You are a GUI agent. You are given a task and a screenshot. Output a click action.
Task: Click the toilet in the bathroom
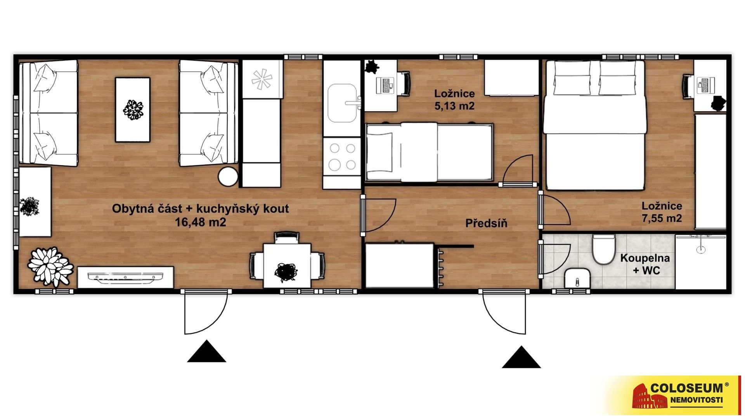click(603, 249)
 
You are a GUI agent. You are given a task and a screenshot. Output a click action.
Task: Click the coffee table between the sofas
click(132, 109)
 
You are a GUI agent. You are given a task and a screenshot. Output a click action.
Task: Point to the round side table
click(228, 177)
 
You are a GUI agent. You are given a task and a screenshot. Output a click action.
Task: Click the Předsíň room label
click(486, 223)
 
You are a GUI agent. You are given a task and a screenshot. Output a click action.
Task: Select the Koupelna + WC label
click(645, 264)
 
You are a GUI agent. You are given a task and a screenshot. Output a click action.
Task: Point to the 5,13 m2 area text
click(454, 106)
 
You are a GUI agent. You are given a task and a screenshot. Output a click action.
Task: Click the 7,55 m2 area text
click(662, 218)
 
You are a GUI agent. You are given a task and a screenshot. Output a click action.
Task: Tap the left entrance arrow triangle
click(206, 351)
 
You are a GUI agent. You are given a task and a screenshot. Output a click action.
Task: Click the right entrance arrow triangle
click(521, 357)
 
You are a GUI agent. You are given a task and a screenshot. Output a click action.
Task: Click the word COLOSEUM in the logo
click(687, 388)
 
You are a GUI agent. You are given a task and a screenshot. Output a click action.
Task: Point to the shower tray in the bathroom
click(700, 261)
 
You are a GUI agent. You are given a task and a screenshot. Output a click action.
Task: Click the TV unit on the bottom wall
click(125, 277)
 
